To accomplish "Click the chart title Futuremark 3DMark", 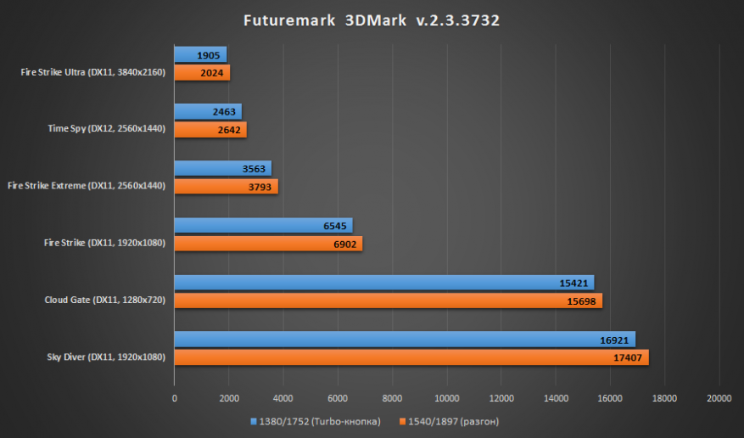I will coord(372,20).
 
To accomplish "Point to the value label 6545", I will coord(335,226).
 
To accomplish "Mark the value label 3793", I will coord(260,187).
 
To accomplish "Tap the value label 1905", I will coord(209,54).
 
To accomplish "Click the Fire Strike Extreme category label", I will coord(85,184).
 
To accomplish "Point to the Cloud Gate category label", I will coord(104,299).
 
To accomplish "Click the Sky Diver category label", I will coord(105,357).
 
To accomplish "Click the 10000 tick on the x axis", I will coord(447,397).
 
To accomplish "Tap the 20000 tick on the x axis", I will coord(719,397).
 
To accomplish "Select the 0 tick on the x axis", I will coord(175,397).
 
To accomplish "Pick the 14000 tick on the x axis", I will coord(556,397).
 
